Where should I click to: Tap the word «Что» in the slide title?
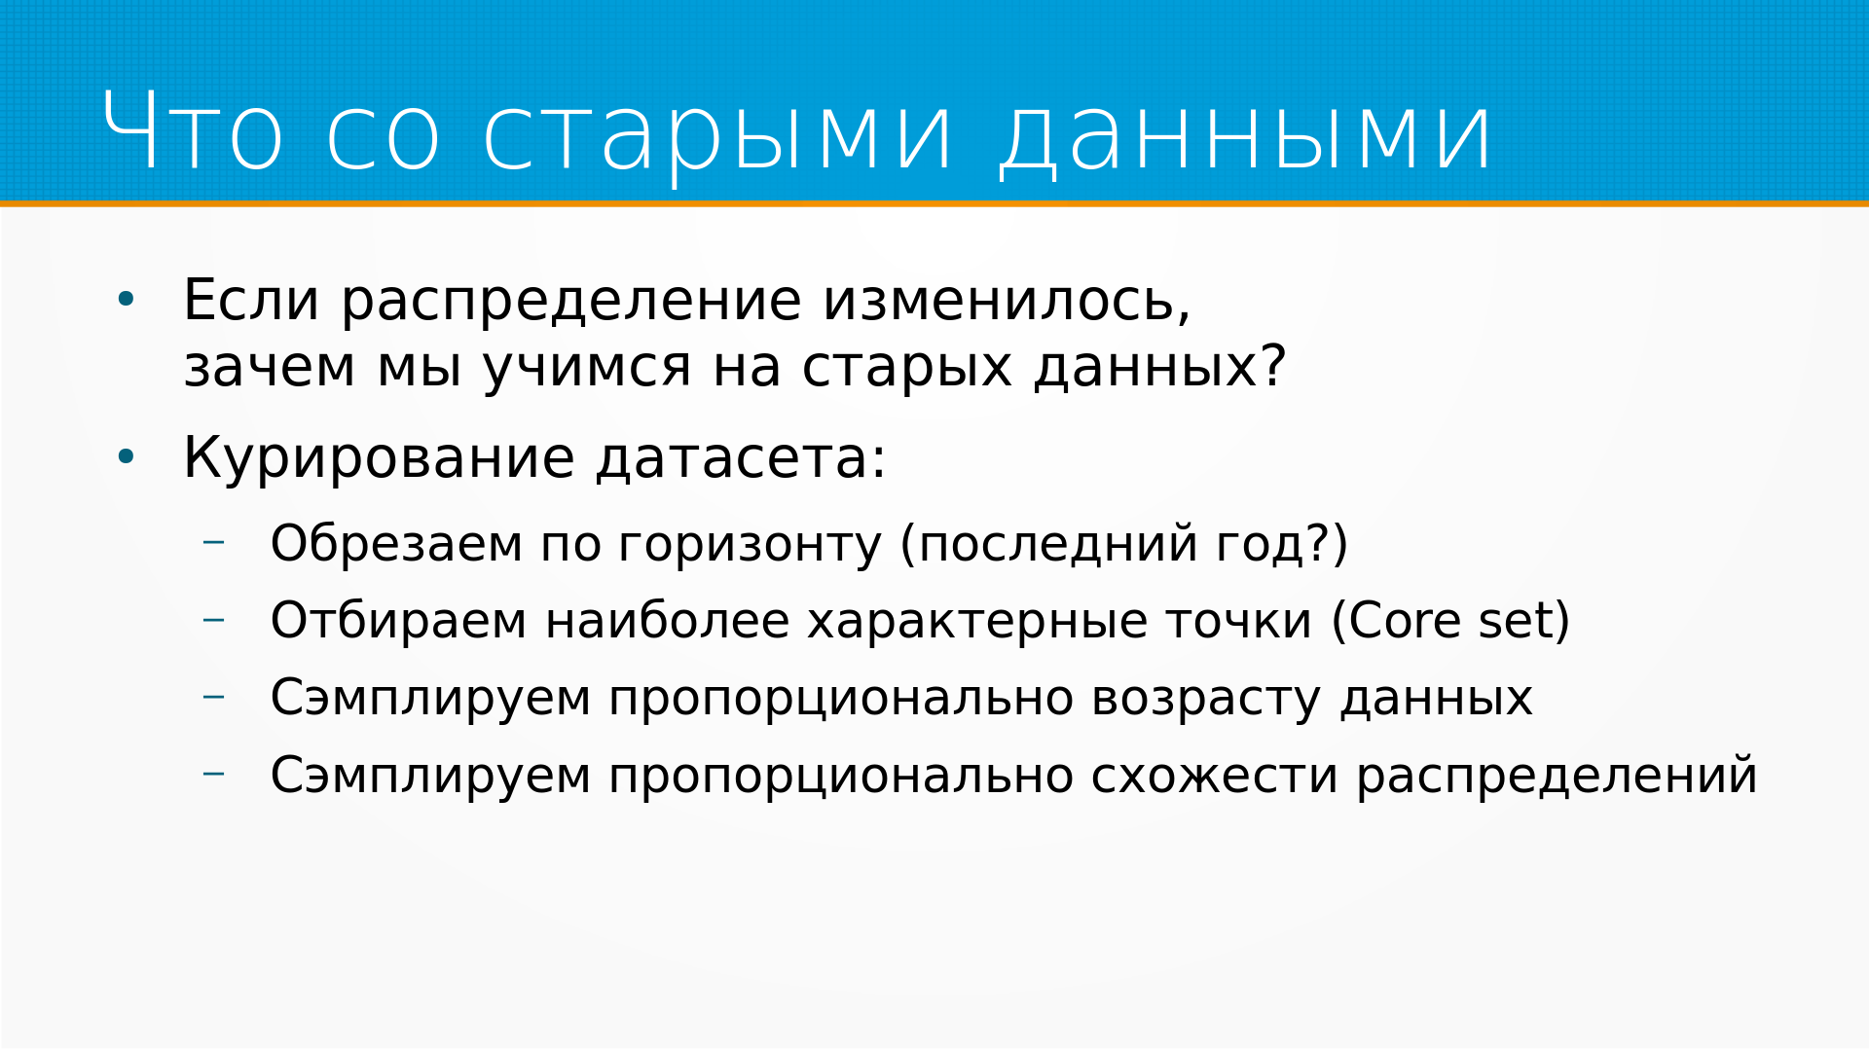193,130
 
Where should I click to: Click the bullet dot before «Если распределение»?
126,300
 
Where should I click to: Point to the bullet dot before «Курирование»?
126,456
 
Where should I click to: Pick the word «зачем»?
270,368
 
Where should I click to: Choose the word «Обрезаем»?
397,543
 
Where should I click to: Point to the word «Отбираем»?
399,621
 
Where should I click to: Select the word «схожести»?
1215,777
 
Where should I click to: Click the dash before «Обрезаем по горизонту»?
214,541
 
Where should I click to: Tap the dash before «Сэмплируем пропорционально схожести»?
214,774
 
